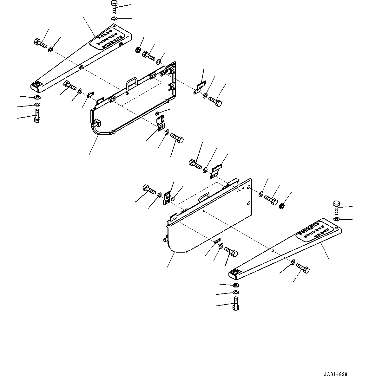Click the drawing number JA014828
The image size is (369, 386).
[x=336, y=374]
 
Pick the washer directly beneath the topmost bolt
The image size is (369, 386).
[x=114, y=18]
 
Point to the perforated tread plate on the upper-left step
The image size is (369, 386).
[x=108, y=39]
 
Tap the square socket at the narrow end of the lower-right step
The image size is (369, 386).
[x=235, y=272]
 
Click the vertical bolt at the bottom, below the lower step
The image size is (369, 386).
[x=235, y=303]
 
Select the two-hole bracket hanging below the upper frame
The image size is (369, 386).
[x=161, y=123]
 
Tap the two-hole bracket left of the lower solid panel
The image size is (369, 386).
[x=167, y=198]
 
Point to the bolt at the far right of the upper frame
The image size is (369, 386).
[x=216, y=102]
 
